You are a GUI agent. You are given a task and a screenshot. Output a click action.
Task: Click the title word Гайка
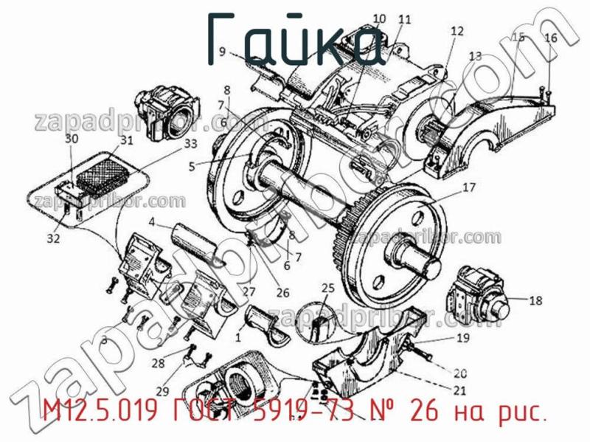(295, 38)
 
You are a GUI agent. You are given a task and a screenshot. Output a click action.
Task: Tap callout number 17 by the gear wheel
(469, 187)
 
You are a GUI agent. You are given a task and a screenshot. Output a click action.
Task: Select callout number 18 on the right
(535, 300)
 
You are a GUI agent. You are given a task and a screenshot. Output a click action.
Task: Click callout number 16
(551, 38)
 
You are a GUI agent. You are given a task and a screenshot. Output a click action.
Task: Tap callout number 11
(404, 19)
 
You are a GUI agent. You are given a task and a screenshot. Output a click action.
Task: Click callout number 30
(71, 138)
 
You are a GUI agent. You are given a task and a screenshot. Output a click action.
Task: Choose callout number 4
(150, 221)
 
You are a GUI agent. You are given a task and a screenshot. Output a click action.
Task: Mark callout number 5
(192, 167)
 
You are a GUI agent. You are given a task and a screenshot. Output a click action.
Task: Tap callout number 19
(462, 338)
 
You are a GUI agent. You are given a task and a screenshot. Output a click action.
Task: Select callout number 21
(460, 390)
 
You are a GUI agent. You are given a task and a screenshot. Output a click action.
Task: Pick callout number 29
(162, 390)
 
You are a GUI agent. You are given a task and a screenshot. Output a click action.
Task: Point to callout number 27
(249, 290)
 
